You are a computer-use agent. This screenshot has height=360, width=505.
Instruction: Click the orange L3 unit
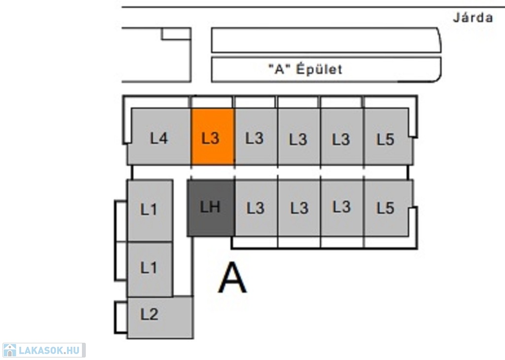[213, 137]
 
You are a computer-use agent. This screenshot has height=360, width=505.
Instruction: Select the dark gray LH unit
[211, 208]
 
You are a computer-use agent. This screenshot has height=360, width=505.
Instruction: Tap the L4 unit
[159, 137]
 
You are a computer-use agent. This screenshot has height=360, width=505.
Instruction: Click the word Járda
[472, 18]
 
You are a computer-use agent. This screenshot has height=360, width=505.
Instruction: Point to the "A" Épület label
[305, 70]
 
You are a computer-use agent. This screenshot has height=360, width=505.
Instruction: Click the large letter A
[232, 278]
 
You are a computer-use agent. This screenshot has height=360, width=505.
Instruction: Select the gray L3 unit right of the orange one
[255, 137]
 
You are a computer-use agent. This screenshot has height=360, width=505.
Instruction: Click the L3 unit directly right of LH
[255, 208]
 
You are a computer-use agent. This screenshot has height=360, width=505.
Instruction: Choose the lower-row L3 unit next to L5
[342, 208]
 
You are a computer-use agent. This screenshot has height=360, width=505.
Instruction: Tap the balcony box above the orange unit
[212, 102]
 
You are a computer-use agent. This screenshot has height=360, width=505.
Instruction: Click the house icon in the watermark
[10, 351]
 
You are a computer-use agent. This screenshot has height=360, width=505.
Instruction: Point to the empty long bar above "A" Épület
[325, 40]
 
